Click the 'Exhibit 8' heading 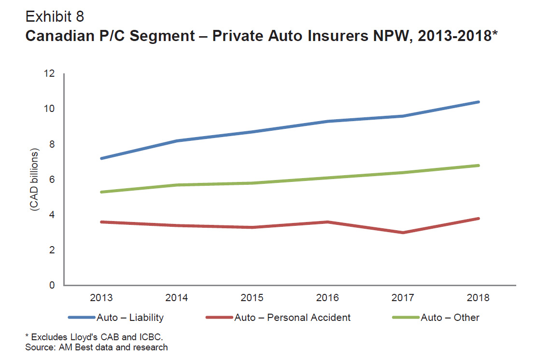tap(55, 16)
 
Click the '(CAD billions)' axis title tap(35, 180)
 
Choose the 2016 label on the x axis tap(327, 298)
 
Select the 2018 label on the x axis tap(478, 298)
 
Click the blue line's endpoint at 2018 tap(478, 102)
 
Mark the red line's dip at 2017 tap(403, 233)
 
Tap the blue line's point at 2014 tap(178, 141)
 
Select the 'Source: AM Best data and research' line tap(97, 347)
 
